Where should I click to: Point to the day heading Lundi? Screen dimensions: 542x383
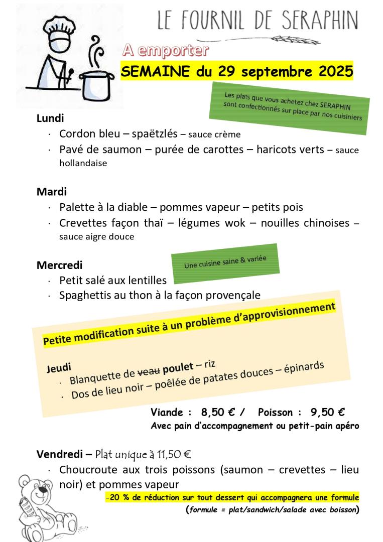(51, 118)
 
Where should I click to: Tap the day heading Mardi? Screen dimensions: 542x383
(51, 192)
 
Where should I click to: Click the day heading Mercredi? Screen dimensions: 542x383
(59, 264)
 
